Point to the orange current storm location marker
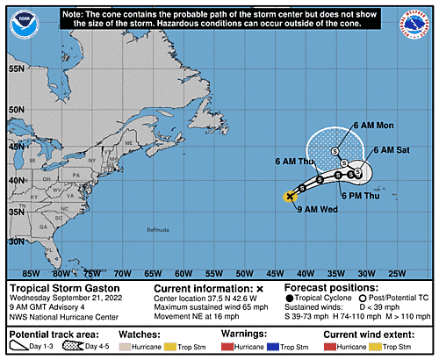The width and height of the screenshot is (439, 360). (290, 197)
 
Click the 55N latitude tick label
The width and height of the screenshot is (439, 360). (15, 68)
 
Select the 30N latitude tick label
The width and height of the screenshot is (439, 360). (15, 240)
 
